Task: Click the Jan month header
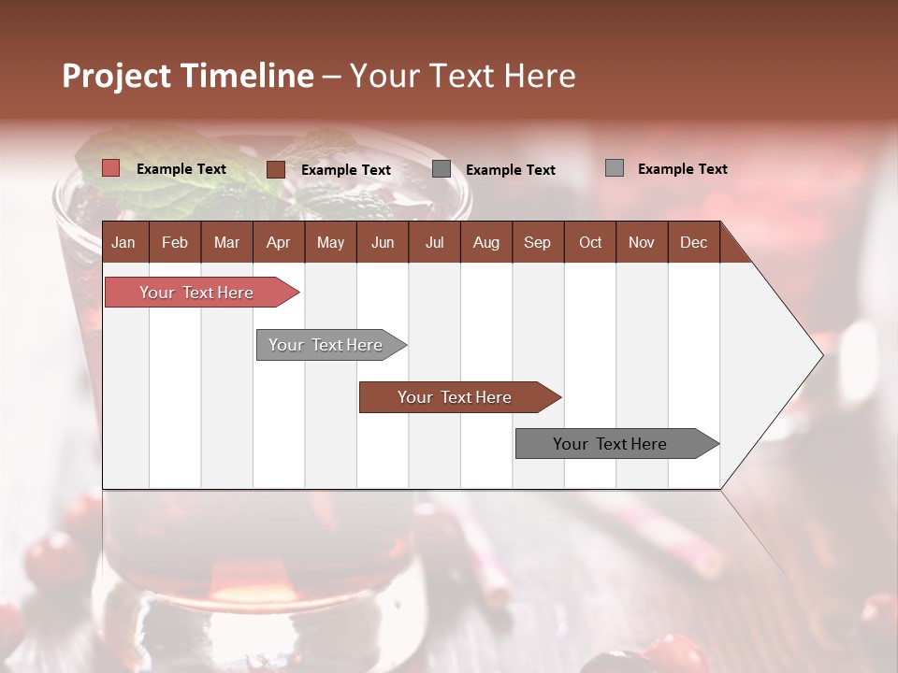(123, 243)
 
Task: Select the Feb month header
(175, 243)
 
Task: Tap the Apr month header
(278, 243)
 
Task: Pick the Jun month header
(383, 243)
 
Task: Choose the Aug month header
(485, 243)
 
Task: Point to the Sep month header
(537, 243)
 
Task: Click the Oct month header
(590, 243)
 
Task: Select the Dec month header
(693, 243)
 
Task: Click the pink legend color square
(111, 168)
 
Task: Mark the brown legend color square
(276, 169)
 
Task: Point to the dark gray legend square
(442, 169)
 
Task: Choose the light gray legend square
(615, 168)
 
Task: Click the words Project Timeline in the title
(188, 76)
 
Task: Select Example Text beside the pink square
(181, 169)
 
